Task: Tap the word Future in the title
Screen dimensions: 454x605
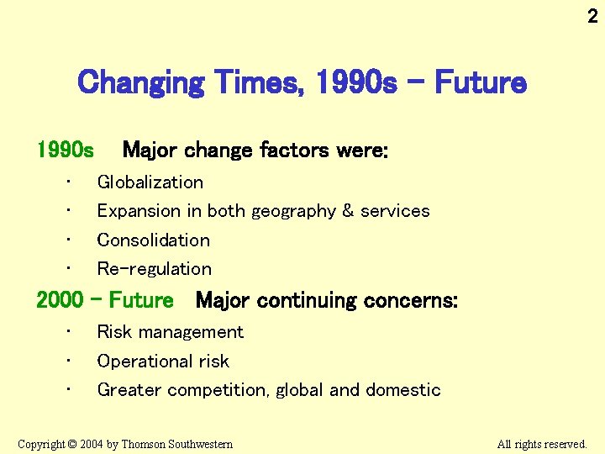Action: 481,83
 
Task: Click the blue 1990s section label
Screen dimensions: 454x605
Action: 66,151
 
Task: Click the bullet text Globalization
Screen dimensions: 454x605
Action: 150,182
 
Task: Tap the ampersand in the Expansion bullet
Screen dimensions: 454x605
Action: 347,211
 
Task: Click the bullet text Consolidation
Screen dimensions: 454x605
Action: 153,240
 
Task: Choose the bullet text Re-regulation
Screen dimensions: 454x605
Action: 154,269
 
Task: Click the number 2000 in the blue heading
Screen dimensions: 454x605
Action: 60,300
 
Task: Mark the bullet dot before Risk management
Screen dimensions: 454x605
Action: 72,330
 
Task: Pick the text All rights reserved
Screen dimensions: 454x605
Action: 542,444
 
